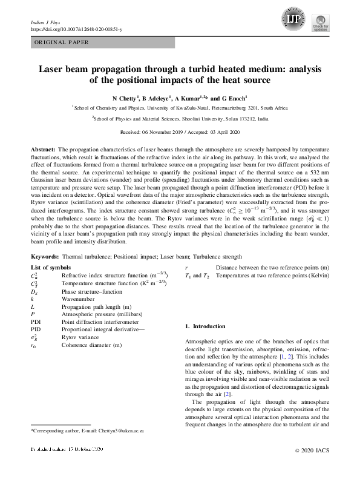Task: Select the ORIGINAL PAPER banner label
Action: click(x=61, y=42)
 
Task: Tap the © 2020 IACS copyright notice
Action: click(x=313, y=467)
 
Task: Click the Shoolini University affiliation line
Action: click(x=180, y=119)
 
